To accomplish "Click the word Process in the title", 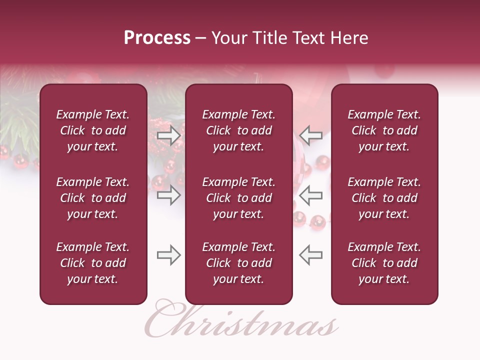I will point(157,38).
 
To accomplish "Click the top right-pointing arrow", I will point(168,135).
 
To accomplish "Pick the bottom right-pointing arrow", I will point(168,255).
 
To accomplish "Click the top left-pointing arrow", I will point(310,135).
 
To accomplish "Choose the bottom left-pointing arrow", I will point(310,255).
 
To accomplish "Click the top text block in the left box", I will point(93,130).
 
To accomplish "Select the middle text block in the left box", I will point(93,198).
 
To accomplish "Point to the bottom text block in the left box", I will point(93,263).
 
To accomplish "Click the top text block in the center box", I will point(239,130).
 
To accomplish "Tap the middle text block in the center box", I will point(239,198).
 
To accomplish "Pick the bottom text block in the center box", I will point(239,263).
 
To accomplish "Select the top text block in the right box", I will point(384,130).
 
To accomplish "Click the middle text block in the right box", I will point(384,198).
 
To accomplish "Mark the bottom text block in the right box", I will point(384,263).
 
